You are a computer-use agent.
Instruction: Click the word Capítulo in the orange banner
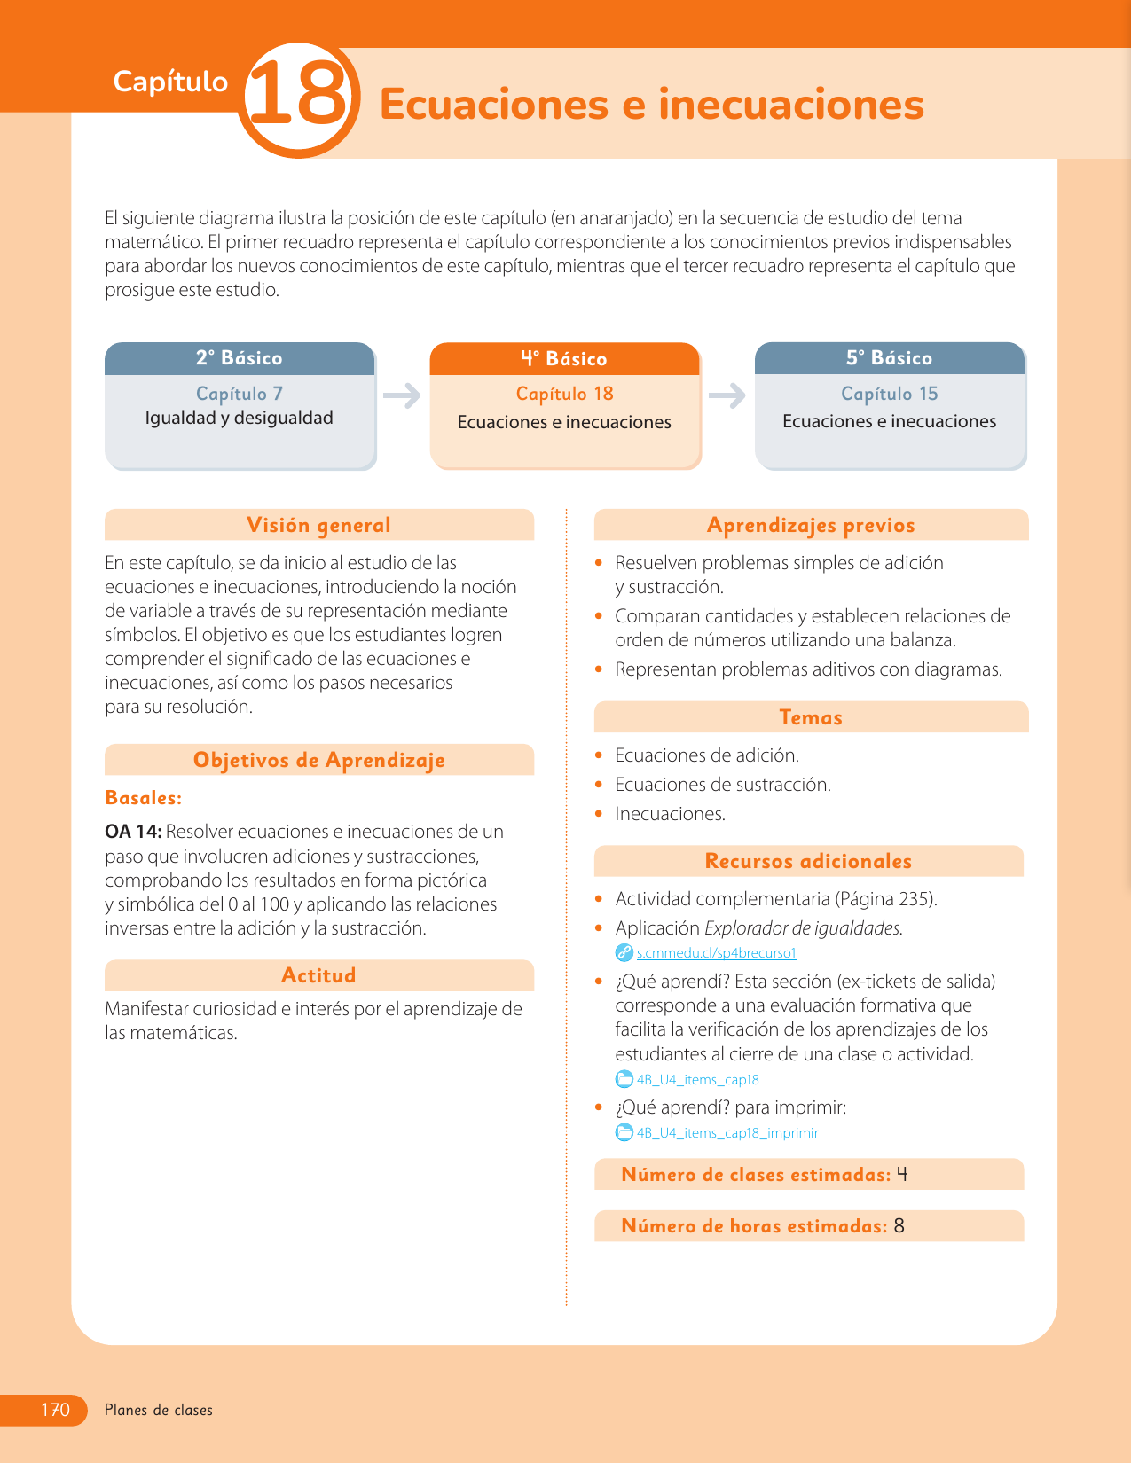[x=170, y=82]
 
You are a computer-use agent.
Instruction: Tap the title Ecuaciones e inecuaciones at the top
[x=651, y=105]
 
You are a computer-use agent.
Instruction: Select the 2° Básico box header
[x=240, y=358]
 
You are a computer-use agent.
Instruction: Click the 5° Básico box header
[x=890, y=358]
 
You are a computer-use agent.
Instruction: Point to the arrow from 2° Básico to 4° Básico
[x=402, y=395]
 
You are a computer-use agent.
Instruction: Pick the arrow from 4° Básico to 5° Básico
[x=727, y=395]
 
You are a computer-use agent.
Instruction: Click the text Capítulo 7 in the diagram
[x=240, y=394]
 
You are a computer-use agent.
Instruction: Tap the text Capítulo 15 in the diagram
[x=890, y=394]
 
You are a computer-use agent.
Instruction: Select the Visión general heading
[x=318, y=525]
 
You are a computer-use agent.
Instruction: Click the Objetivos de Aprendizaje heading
[x=318, y=760]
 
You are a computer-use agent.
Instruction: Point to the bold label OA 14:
[x=133, y=832]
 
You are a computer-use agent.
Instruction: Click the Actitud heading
[x=318, y=975]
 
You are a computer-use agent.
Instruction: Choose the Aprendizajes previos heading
[x=811, y=525]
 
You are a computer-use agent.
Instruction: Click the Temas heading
[x=811, y=717]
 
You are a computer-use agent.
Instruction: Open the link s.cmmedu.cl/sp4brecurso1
[x=717, y=953]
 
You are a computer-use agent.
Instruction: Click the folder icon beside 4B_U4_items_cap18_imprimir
[x=624, y=1132]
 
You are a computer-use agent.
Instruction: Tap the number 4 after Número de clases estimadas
[x=902, y=1175]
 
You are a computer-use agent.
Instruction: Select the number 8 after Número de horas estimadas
[x=899, y=1226]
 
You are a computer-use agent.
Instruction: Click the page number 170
[x=55, y=1410]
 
